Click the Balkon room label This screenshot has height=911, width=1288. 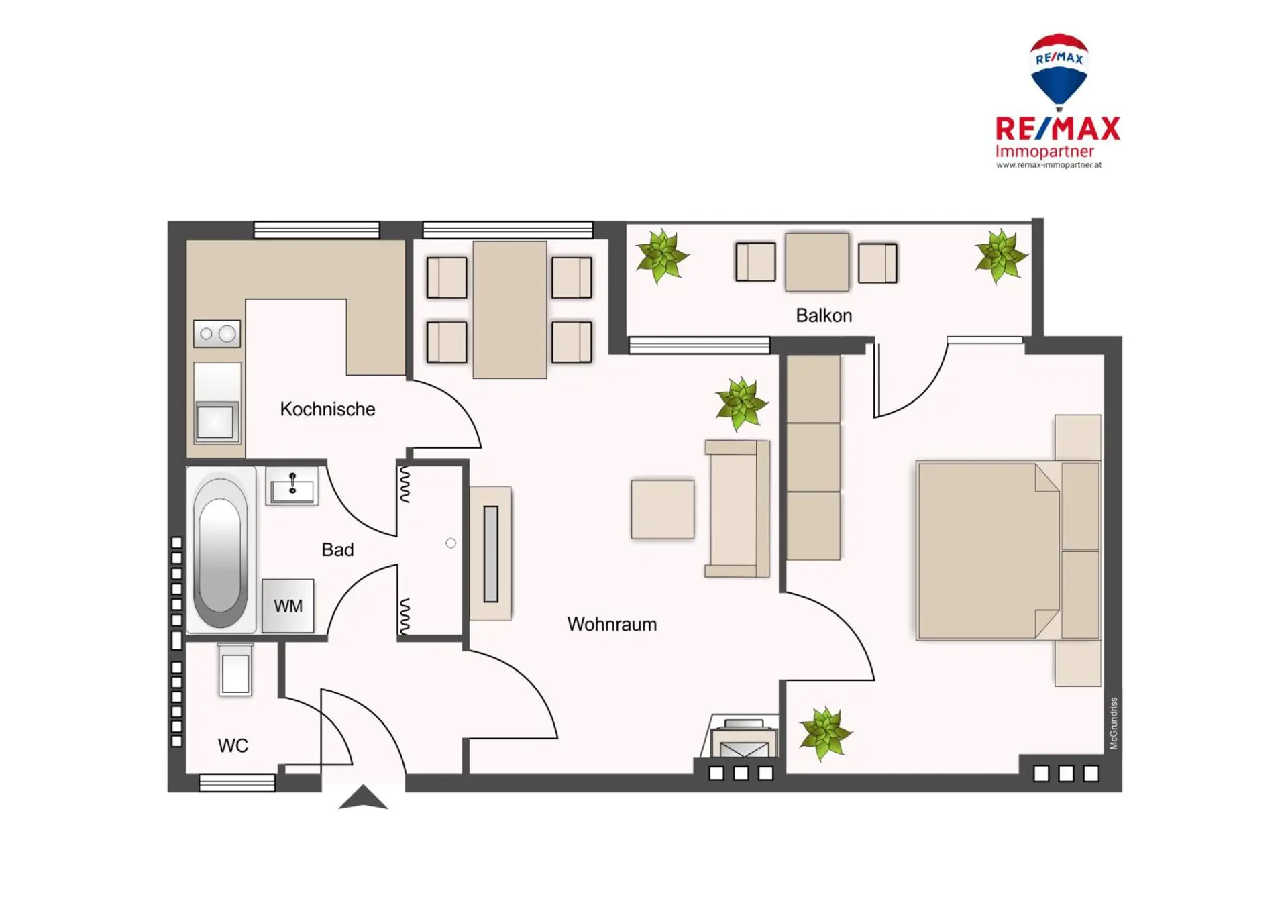pos(824,315)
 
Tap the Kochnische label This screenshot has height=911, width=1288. pos(327,409)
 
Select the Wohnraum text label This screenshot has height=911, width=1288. pos(612,624)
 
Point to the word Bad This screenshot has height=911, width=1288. pos(337,549)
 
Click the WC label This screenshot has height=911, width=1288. pos(233,745)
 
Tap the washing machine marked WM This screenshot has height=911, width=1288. pos(288,606)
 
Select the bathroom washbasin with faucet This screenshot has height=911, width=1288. pos(292,486)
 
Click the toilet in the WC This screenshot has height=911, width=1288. pos(235,669)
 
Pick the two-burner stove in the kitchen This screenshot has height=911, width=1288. pos(217,333)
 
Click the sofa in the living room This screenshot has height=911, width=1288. pos(737,508)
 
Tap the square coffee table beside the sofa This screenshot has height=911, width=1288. pos(663,509)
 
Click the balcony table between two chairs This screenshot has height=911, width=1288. pos(817,262)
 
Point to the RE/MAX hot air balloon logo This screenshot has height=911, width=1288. pos(1059,71)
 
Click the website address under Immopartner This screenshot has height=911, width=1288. pos(1049,165)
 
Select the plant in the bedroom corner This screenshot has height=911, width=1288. pos(826,733)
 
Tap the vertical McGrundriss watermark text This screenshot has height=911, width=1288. pos(1114,723)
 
